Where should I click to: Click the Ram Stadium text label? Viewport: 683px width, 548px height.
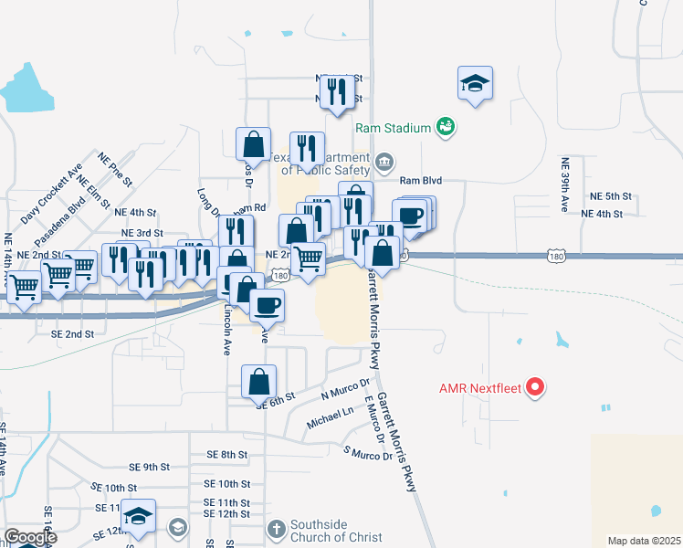pos(394,127)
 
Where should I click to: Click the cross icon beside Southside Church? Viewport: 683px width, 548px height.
pos(278,528)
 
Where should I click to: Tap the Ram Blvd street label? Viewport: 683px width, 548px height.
pos(420,181)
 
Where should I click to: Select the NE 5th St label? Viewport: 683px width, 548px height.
pos(611,196)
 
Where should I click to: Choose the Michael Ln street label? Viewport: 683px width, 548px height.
pos(330,416)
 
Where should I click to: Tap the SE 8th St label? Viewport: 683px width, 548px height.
pos(226,454)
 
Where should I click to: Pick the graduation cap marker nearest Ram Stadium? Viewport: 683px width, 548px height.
pos(475,84)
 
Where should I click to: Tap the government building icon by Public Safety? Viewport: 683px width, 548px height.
pos(385,164)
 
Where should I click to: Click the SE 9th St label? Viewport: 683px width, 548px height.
pos(150,467)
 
